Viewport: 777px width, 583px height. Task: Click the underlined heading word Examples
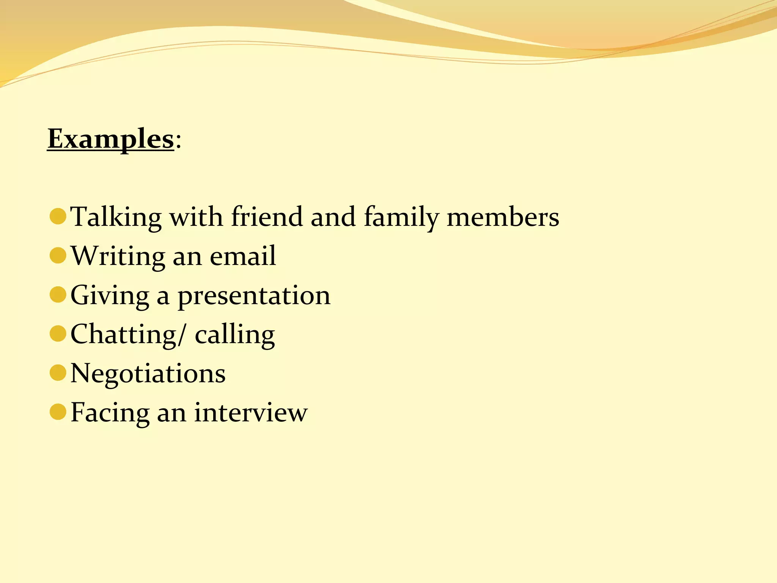point(110,139)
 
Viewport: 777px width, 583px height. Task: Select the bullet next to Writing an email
point(58,255)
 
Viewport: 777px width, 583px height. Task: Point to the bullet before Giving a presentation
point(58,295)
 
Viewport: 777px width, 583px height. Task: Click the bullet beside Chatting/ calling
point(58,334)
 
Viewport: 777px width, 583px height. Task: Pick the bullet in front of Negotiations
point(58,373)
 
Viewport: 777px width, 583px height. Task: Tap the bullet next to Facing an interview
point(58,412)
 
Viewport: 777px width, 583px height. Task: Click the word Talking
point(116,217)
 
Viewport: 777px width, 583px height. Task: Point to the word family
point(401,217)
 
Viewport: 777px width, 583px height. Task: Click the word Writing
point(118,256)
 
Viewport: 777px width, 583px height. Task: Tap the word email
point(243,255)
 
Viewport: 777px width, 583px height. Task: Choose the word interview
point(251,412)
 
